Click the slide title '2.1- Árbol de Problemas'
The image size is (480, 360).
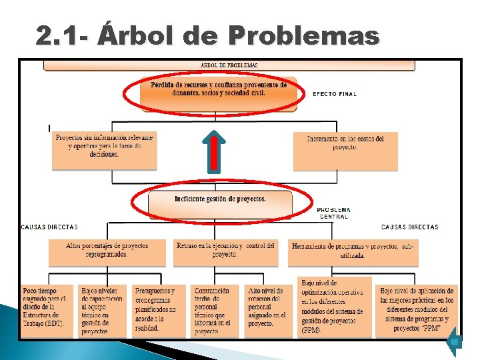[x=208, y=36]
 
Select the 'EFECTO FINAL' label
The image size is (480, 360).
[x=335, y=94]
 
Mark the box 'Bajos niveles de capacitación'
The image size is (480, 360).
[x=103, y=311]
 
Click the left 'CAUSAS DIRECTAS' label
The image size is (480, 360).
[x=49, y=227]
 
